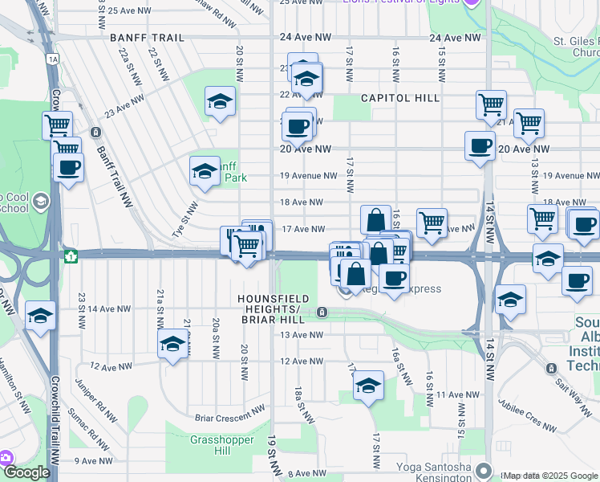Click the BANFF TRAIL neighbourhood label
[148, 38]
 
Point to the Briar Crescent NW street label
[230, 417]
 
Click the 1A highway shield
[53, 59]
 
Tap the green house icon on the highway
[71, 256]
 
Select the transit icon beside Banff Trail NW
[96, 132]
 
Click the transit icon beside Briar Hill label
[322, 312]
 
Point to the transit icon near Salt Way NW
[550, 368]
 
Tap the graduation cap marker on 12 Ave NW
[172, 346]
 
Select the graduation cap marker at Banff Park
[205, 171]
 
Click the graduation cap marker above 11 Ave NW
[368, 386]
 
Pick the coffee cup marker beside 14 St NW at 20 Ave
[480, 146]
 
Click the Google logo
[26, 473]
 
